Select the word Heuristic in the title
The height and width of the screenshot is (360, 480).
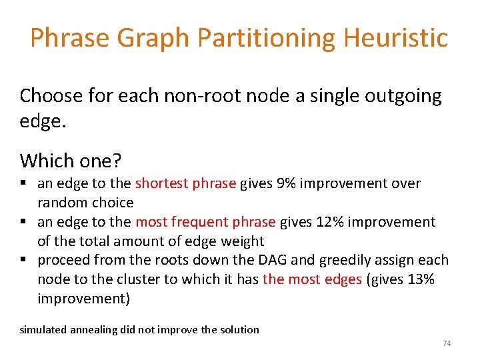[396, 38]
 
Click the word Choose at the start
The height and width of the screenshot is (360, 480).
[51, 96]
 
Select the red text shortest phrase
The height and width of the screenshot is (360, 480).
[185, 183]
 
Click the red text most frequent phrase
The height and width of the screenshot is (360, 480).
[205, 222]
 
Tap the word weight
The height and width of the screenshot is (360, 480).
[244, 241]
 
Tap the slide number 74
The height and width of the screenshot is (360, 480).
[447, 343]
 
